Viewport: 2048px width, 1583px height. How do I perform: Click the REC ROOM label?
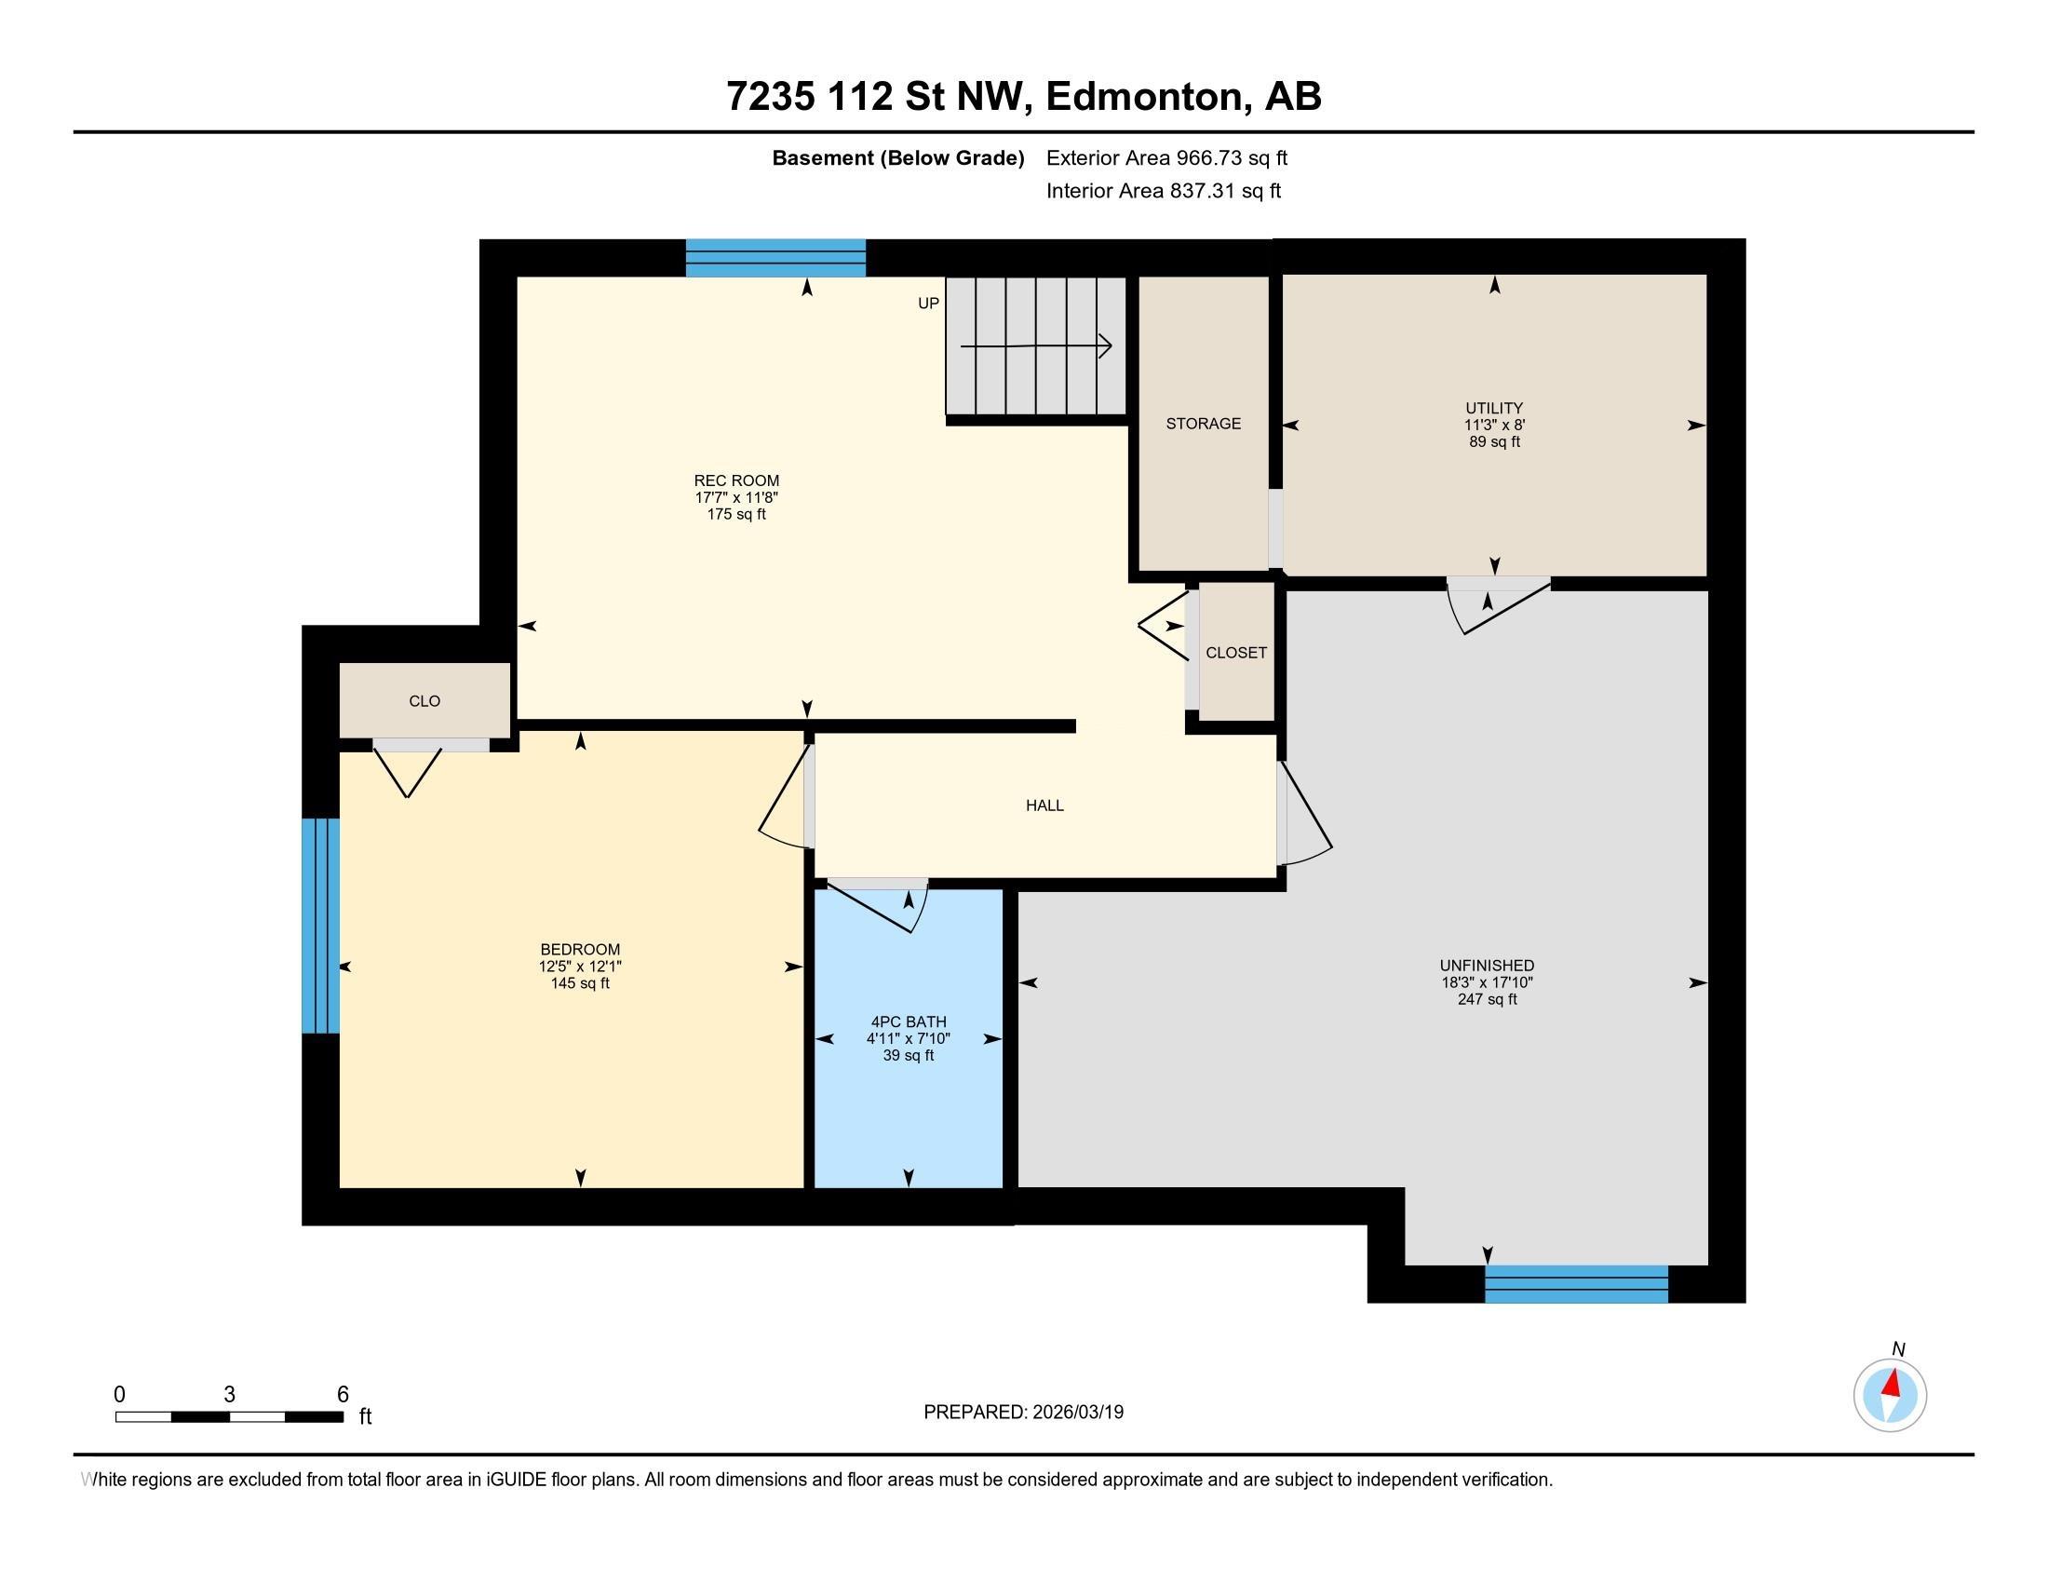tap(736, 481)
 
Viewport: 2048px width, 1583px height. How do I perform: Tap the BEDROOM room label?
tap(581, 949)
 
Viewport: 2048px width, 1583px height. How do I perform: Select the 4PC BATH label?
tap(909, 1022)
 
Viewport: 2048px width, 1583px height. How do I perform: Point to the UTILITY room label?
tap(1494, 408)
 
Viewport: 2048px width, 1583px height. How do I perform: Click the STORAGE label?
tap(1203, 424)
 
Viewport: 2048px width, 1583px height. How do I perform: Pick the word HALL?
tap(1044, 805)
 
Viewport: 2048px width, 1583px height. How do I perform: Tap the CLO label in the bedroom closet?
tap(424, 701)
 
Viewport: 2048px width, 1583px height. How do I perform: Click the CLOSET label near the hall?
tap(1236, 653)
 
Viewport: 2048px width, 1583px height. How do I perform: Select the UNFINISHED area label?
tap(1488, 966)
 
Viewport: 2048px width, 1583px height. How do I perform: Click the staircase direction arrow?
tap(1036, 346)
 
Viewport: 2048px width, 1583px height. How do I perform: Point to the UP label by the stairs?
tap(928, 304)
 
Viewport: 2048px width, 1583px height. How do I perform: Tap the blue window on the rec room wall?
tap(775, 258)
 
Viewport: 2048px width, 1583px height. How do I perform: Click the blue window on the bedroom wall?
tap(321, 926)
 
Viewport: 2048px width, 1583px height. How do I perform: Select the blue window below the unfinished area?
tap(1576, 1284)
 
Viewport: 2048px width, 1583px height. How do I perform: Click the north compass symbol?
tap(1891, 1395)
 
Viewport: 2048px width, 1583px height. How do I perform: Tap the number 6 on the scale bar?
tap(344, 1395)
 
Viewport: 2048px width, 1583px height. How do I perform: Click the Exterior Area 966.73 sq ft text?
tap(1166, 158)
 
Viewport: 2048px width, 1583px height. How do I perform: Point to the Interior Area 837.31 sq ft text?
tap(1164, 191)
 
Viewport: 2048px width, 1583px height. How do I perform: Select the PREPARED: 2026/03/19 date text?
tap(1023, 1413)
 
